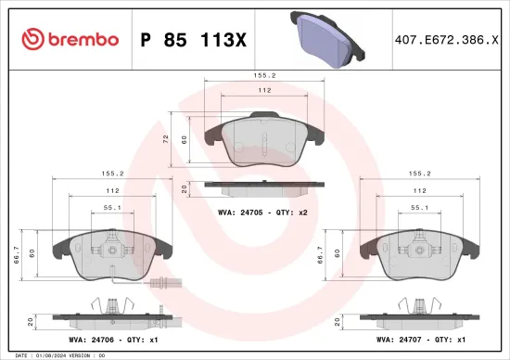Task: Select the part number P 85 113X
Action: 191,40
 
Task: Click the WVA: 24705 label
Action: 237,212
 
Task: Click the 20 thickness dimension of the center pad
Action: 185,188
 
